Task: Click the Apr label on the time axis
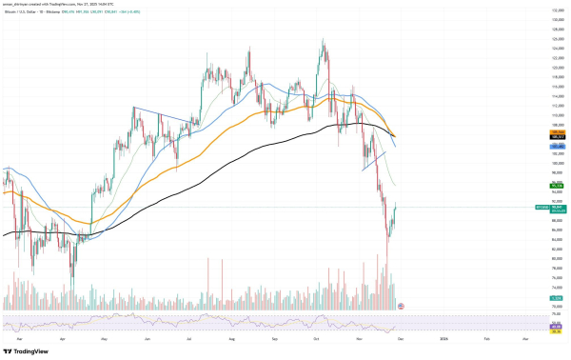click(x=62, y=337)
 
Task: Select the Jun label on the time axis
click(x=148, y=337)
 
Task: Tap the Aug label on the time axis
click(x=233, y=337)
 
